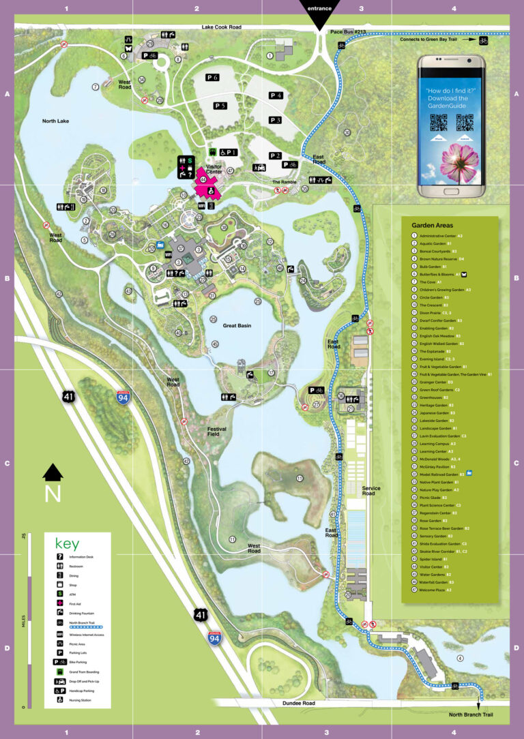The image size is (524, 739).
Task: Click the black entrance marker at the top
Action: point(319,12)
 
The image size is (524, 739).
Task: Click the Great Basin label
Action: point(237,326)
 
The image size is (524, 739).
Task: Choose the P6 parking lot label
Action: point(212,78)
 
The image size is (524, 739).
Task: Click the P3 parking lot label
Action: point(275,120)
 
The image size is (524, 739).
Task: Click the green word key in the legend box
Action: point(67,544)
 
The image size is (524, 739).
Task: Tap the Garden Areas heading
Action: point(432,225)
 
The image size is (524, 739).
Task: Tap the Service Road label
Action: point(372,492)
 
